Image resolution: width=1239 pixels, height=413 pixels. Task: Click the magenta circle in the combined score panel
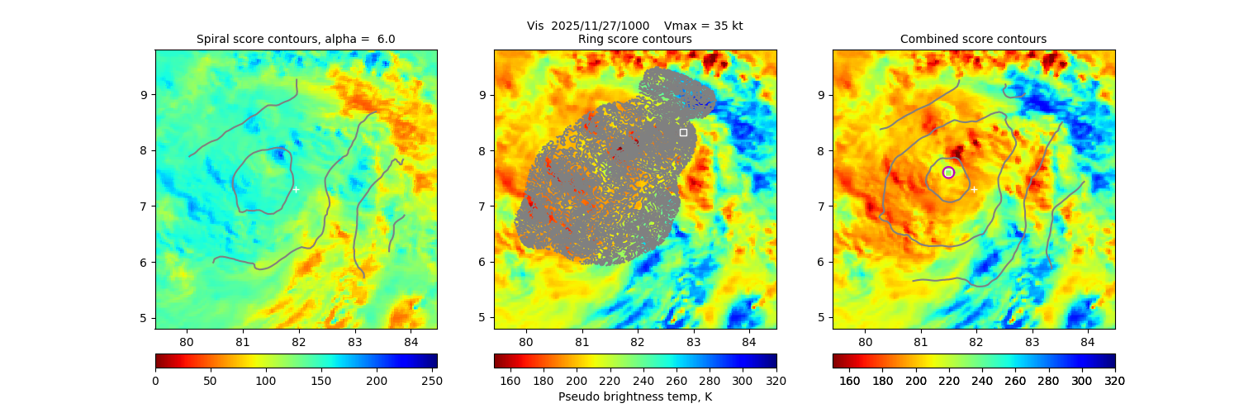click(x=948, y=173)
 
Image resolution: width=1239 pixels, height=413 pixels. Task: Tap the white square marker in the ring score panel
click(x=683, y=132)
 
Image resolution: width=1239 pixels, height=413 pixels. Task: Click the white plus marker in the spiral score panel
click(x=296, y=189)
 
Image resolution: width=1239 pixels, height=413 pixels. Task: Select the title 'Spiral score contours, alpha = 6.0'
click(x=296, y=39)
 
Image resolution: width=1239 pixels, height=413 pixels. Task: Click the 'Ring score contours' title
click(x=634, y=39)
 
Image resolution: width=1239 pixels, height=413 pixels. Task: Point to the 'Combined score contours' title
click(x=973, y=39)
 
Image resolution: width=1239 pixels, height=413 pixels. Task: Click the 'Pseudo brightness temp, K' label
click(x=635, y=396)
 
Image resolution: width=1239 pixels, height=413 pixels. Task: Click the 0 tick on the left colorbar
click(x=156, y=381)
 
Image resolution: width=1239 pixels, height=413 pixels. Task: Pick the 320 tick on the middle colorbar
click(x=776, y=381)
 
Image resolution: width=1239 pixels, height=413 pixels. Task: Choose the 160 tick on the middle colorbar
click(x=510, y=381)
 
